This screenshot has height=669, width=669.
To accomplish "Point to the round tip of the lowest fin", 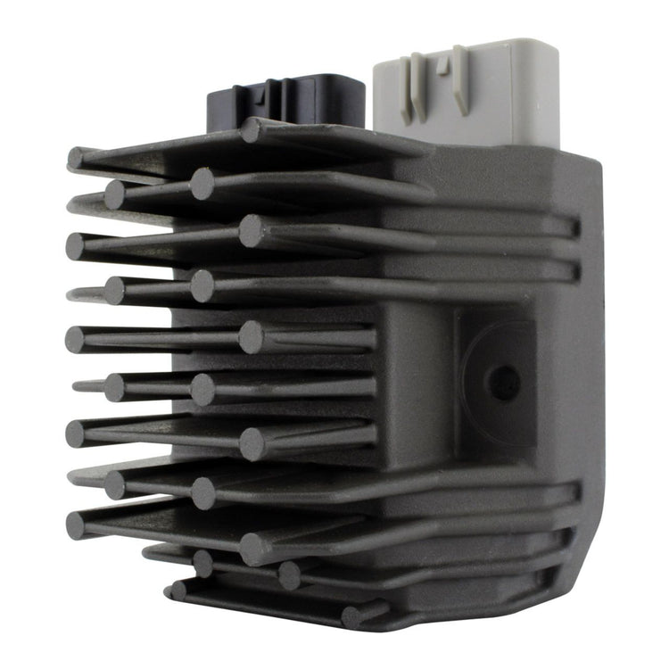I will click(x=352, y=615).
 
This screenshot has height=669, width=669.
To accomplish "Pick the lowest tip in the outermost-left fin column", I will click(x=77, y=524).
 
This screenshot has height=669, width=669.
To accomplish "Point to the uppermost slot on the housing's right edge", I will click(x=574, y=227).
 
